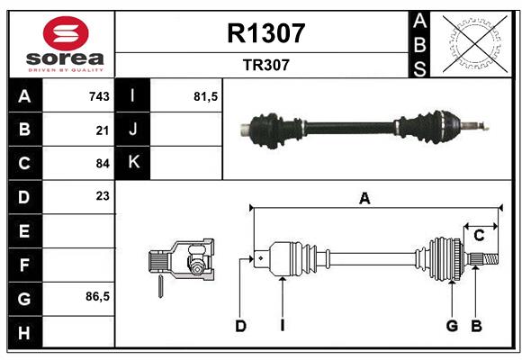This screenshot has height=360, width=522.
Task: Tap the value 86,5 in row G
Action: [97, 296]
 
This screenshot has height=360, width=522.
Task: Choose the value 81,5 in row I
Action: [207, 96]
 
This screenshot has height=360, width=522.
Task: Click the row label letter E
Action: [24, 230]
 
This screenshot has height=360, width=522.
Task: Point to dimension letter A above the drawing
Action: [364, 199]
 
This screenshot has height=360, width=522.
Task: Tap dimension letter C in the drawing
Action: [480, 236]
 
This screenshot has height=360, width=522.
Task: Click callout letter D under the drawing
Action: [240, 326]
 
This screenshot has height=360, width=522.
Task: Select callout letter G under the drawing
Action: [453, 326]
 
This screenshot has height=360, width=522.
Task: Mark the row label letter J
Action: [133, 130]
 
